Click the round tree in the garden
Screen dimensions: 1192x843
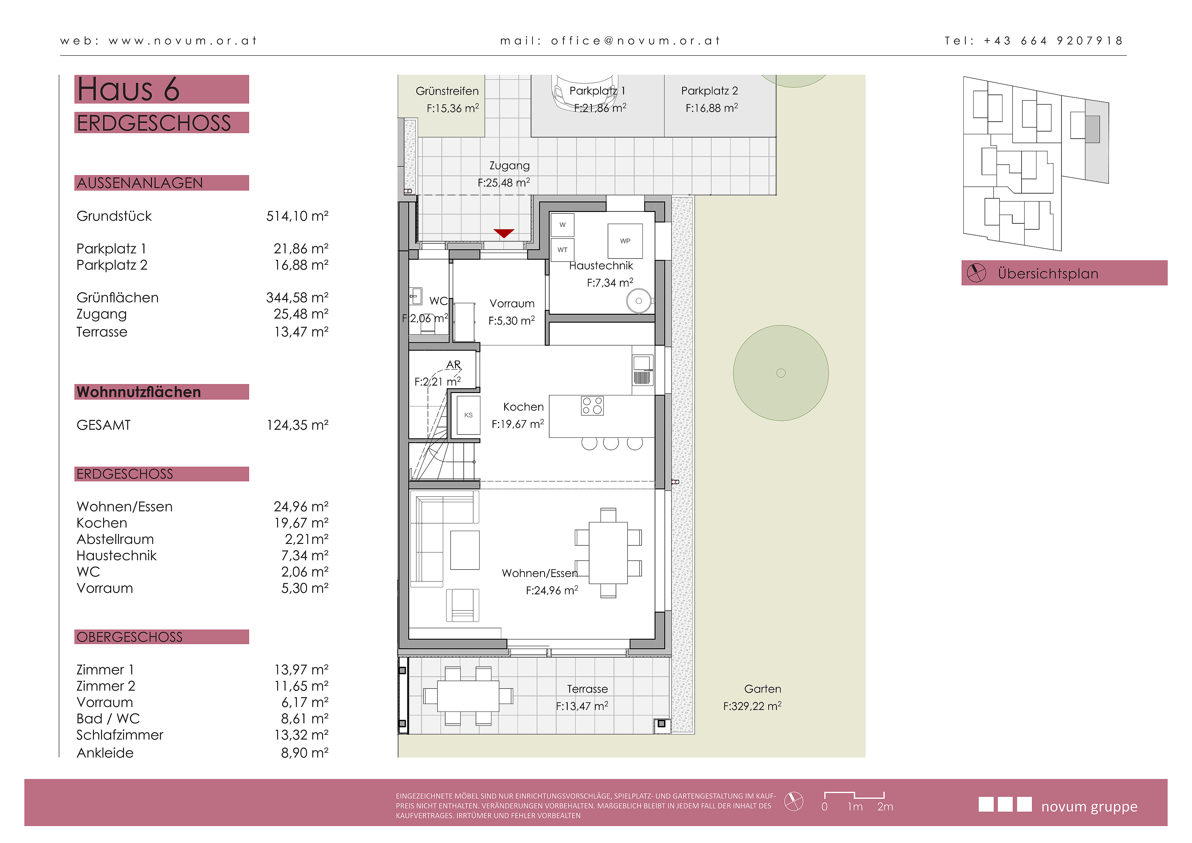781,373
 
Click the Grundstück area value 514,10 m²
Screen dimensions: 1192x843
297,216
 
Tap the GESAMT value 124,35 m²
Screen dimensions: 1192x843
297,425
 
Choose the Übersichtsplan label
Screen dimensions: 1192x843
1048,274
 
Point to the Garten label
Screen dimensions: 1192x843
762,689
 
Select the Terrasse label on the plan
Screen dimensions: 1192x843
587,689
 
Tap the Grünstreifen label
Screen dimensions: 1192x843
447,91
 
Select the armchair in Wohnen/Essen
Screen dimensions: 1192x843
462,605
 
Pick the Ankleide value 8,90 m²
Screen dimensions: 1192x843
305,753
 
